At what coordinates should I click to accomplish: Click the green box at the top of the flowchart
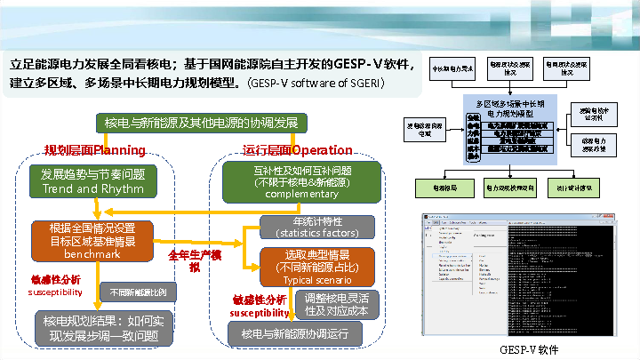click(x=201, y=122)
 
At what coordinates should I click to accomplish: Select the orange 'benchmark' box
click(x=92, y=240)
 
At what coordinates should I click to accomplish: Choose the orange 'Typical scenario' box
click(x=317, y=266)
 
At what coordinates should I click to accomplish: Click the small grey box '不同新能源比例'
click(x=137, y=292)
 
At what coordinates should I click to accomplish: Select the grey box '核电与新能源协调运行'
click(x=296, y=333)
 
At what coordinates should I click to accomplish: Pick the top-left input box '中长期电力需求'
click(x=452, y=68)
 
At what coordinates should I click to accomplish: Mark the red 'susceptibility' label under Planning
click(x=55, y=292)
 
